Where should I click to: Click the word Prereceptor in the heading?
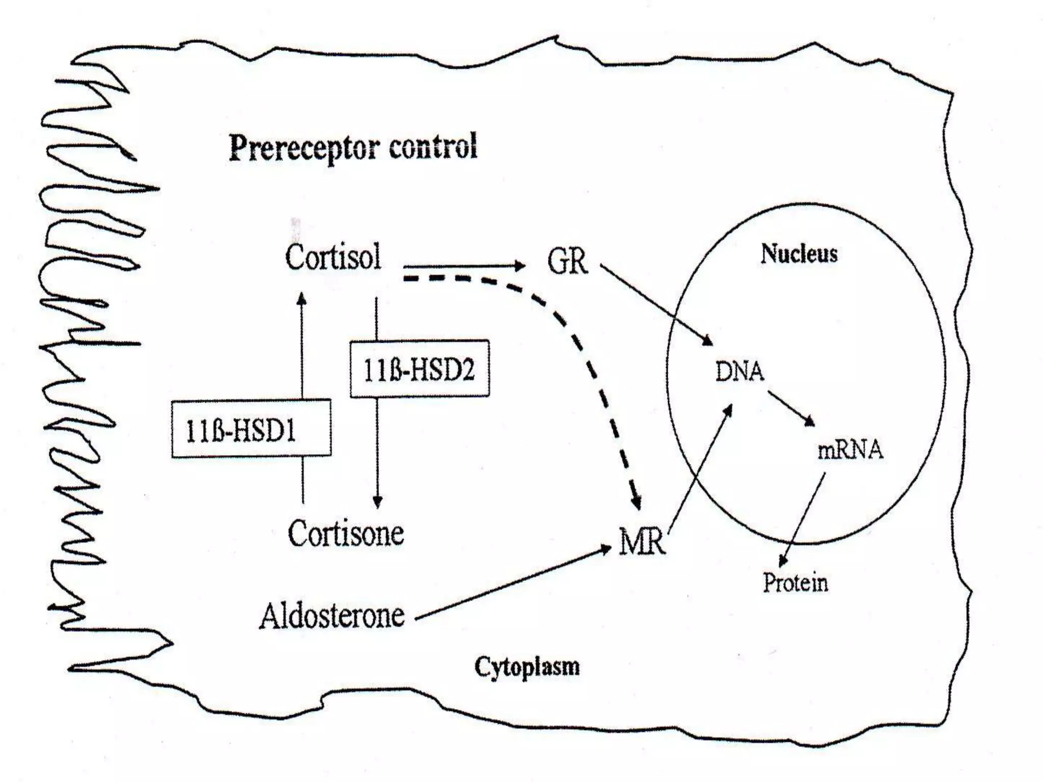(x=305, y=148)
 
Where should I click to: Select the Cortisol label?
(x=333, y=258)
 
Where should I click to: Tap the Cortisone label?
(x=346, y=534)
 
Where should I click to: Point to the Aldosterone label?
(x=332, y=616)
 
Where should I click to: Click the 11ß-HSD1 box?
(x=251, y=429)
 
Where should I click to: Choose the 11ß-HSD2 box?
(x=419, y=369)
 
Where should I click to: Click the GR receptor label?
(x=567, y=262)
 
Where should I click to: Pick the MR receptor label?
(x=642, y=542)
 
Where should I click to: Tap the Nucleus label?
(x=799, y=254)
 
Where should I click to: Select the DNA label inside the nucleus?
(x=739, y=372)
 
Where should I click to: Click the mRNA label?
(x=850, y=450)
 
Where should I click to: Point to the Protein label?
(x=795, y=582)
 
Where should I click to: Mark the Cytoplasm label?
(x=527, y=666)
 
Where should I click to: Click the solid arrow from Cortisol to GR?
(x=463, y=266)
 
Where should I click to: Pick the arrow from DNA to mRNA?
(x=791, y=408)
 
